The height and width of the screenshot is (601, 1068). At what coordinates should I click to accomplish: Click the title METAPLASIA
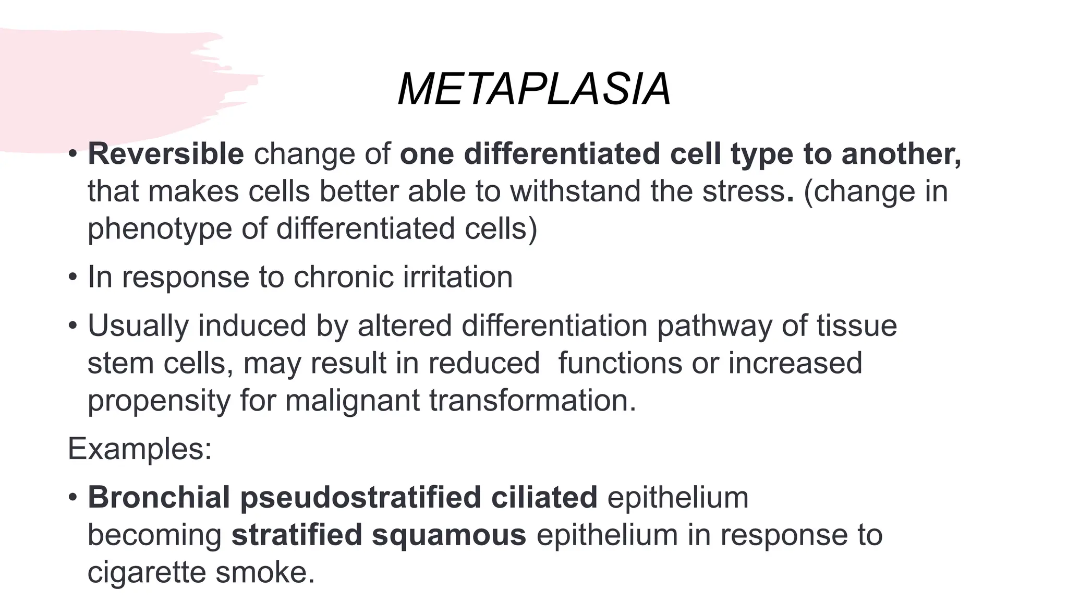point(534,90)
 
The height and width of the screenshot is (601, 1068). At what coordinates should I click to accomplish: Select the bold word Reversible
point(166,154)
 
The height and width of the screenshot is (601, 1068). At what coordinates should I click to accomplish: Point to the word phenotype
point(160,230)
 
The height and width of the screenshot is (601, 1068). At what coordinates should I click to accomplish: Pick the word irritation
point(458,277)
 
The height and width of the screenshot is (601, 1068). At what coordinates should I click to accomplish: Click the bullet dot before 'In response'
point(73,277)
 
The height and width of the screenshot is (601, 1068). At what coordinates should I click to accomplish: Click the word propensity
point(159,402)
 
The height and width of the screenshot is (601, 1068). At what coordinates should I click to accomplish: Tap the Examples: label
point(140,449)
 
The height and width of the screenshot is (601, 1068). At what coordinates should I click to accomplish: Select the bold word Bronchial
point(159,497)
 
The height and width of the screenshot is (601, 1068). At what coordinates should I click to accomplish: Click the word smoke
point(265,572)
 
